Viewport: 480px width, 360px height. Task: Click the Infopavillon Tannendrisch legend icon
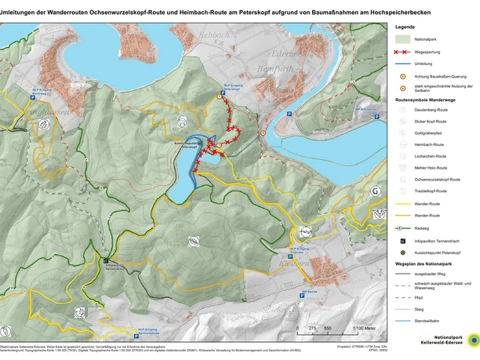[402, 240]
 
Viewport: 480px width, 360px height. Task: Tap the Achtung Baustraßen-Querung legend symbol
[402, 75]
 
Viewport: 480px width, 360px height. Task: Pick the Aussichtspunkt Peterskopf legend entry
[402, 253]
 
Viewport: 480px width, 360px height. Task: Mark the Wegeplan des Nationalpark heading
[427, 265]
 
